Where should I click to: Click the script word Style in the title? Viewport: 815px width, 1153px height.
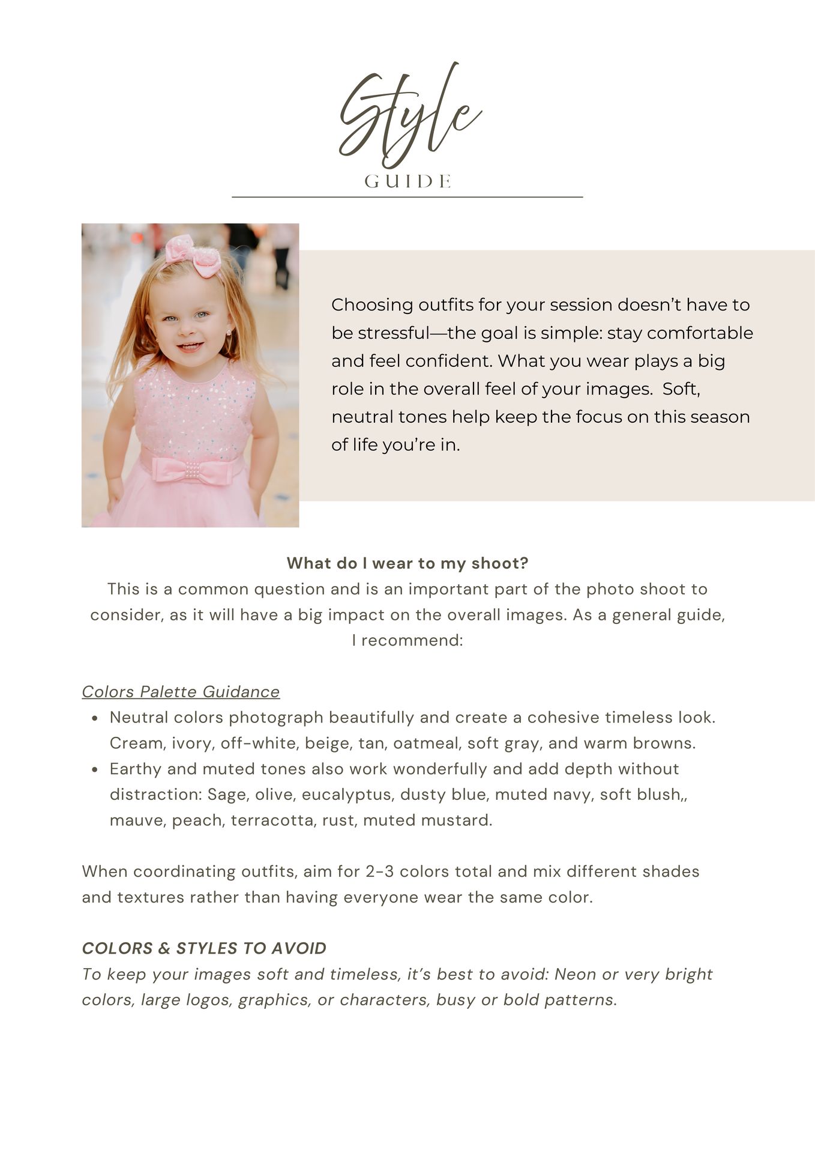point(408,117)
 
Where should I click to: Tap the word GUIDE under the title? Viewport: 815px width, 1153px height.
point(407,181)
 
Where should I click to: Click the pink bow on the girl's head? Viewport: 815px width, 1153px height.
point(193,256)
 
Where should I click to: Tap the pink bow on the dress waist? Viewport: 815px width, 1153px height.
point(191,470)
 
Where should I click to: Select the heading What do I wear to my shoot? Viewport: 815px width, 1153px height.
point(407,563)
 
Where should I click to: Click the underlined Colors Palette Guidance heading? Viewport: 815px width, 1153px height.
point(181,692)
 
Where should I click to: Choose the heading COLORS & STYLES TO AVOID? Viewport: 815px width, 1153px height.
point(204,948)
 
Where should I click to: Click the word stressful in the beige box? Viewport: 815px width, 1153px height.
point(393,333)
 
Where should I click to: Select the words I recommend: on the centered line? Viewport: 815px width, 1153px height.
point(407,640)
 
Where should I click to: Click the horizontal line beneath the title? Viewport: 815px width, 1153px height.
point(407,196)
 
